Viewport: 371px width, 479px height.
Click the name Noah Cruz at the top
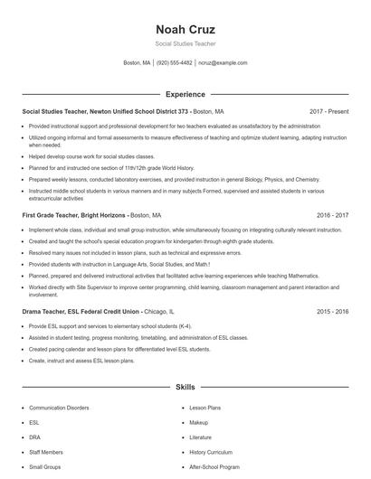pyautogui.click(x=185, y=28)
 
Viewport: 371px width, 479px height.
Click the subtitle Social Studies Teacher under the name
pyautogui.click(x=185, y=43)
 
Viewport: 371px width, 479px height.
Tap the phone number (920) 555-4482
pyautogui.click(x=174, y=63)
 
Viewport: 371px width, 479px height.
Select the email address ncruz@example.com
pyautogui.click(x=223, y=63)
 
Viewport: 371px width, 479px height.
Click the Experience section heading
pyautogui.click(x=185, y=94)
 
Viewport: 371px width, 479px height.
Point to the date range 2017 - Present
pyautogui.click(x=328, y=111)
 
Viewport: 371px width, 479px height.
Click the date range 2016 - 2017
pyautogui.click(x=333, y=216)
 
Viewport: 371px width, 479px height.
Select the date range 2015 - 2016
pyautogui.click(x=333, y=311)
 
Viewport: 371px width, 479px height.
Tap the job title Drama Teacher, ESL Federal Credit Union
pyautogui.click(x=81, y=311)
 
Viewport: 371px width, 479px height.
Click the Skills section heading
pyautogui.click(x=185, y=387)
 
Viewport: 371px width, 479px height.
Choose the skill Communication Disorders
pyautogui.click(x=59, y=408)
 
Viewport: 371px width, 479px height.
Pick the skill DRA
pyautogui.click(x=34, y=437)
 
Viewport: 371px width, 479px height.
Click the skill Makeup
pyautogui.click(x=199, y=422)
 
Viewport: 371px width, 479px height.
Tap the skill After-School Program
pyautogui.click(x=214, y=467)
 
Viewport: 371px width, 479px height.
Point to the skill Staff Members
pyautogui.click(x=46, y=452)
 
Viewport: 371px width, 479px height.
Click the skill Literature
pyautogui.click(x=202, y=437)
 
